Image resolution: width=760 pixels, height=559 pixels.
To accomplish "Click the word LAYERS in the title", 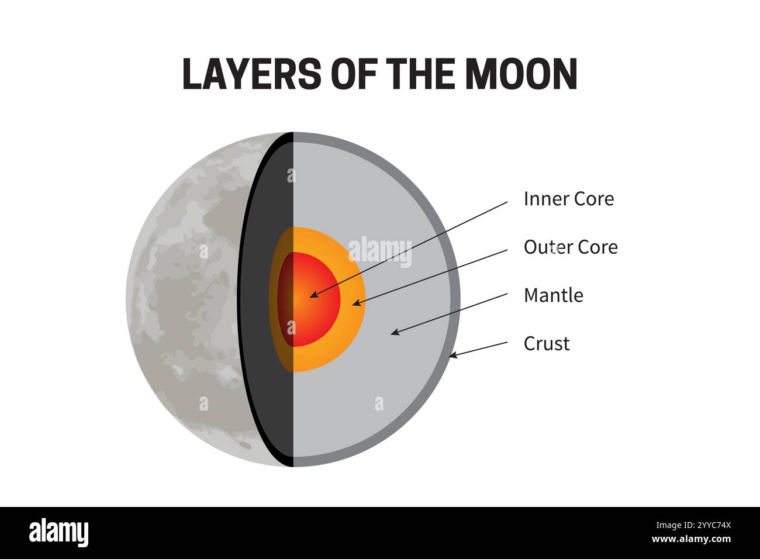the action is pyautogui.click(x=251, y=74).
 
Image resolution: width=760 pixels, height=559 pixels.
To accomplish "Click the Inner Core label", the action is pyautogui.click(x=568, y=199).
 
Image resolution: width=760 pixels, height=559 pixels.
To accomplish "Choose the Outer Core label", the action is pyautogui.click(x=570, y=247).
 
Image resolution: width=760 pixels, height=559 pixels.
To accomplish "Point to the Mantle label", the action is pyautogui.click(x=553, y=295).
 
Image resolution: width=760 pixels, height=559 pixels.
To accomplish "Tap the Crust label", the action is pyautogui.click(x=546, y=343).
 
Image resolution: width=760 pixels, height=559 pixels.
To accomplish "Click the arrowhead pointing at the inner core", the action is pyautogui.click(x=313, y=295).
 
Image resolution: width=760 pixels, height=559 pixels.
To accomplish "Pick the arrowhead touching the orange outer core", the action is pyautogui.click(x=355, y=303).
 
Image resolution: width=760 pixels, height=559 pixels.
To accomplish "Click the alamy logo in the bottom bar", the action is pyautogui.click(x=58, y=533).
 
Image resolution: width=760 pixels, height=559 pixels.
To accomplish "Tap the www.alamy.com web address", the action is pyautogui.click(x=691, y=539).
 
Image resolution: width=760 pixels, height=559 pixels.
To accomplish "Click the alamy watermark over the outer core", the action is pyautogui.click(x=380, y=251).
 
